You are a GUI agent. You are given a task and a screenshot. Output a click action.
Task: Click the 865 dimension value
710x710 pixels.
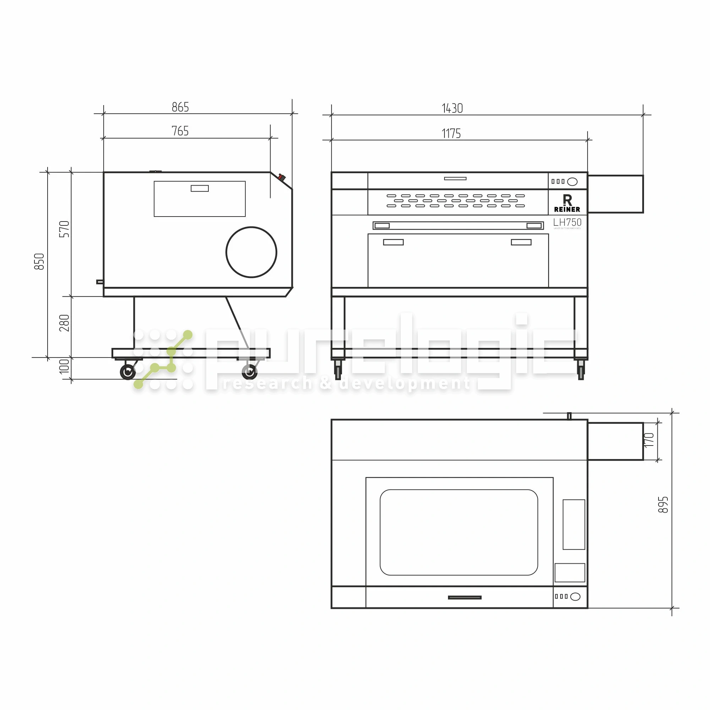pyautogui.click(x=180, y=107)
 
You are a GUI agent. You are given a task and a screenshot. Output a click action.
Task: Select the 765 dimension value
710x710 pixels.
pyautogui.click(x=180, y=131)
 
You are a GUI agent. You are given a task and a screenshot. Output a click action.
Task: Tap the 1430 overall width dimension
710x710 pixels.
pyautogui.click(x=452, y=108)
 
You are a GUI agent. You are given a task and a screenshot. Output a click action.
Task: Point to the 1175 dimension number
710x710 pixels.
pyautogui.click(x=451, y=133)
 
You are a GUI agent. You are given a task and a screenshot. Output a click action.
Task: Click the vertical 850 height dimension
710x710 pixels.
pyautogui.click(x=39, y=261)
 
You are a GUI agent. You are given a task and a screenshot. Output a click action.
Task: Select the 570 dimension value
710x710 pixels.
pyautogui.click(x=64, y=229)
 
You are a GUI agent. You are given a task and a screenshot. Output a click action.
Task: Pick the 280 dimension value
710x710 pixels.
pyautogui.click(x=64, y=323)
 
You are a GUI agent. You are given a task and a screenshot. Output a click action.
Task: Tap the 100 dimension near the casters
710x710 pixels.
pyautogui.click(x=64, y=366)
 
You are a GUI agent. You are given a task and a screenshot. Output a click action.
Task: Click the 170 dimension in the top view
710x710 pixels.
pyautogui.click(x=649, y=440)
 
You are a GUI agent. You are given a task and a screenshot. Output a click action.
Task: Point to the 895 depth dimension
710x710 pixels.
pyautogui.click(x=663, y=504)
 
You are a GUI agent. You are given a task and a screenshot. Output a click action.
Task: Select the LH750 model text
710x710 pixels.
pyautogui.click(x=567, y=222)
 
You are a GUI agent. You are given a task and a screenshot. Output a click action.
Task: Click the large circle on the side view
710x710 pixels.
pyautogui.click(x=251, y=252)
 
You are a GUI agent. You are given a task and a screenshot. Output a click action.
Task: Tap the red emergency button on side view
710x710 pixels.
pyautogui.click(x=282, y=177)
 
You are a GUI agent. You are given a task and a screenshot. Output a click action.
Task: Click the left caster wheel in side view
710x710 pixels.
pyautogui.click(x=128, y=372)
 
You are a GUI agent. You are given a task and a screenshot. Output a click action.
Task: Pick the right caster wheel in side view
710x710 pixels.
pyautogui.click(x=250, y=372)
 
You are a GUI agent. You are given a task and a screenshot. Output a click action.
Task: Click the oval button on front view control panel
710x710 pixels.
pyautogui.click(x=572, y=181)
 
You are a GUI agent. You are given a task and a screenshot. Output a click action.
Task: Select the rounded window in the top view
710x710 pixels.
pyautogui.click(x=459, y=532)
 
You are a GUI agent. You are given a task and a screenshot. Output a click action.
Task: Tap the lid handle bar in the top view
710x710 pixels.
pyautogui.click(x=464, y=597)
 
